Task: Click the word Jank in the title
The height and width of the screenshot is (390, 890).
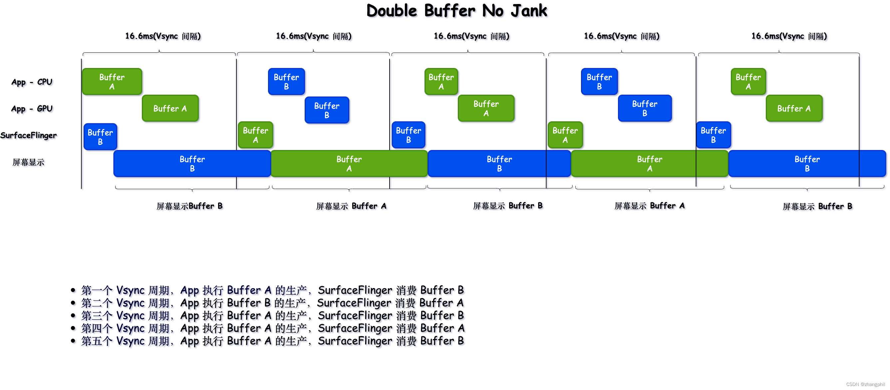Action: click(529, 11)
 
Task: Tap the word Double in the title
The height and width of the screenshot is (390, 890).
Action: click(392, 11)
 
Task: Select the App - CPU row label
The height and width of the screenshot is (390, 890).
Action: click(32, 82)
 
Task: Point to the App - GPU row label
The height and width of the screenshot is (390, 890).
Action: click(32, 109)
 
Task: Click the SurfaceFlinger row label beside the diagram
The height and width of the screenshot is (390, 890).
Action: click(28, 135)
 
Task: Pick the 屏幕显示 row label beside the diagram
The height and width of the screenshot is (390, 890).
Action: click(28, 162)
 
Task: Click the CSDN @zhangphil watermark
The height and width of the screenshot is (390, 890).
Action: click(865, 384)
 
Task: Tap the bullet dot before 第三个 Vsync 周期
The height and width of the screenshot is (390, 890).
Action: click(73, 316)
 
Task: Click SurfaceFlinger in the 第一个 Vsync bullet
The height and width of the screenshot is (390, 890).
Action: click(355, 290)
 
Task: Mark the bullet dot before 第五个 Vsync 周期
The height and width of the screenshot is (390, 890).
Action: click(73, 341)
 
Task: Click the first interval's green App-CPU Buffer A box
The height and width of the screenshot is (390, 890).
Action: click(112, 82)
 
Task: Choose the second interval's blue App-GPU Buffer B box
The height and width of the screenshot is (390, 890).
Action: click(327, 110)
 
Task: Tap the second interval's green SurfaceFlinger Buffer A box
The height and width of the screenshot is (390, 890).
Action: click(255, 135)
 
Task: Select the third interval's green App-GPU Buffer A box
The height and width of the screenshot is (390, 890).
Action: click(486, 108)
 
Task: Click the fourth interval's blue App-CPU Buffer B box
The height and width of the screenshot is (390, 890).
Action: click(599, 82)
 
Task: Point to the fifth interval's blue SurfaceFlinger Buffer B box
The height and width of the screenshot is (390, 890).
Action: click(713, 135)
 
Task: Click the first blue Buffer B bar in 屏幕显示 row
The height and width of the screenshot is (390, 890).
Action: click(192, 164)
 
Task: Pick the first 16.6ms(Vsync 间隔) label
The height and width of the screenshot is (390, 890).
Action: click(163, 36)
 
